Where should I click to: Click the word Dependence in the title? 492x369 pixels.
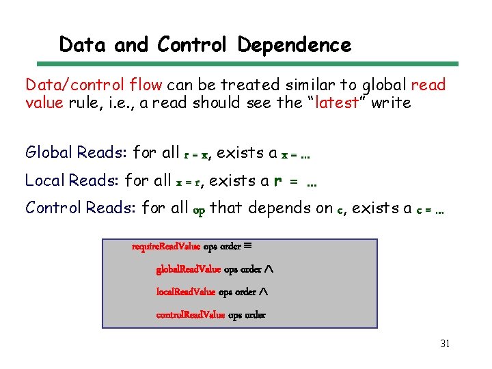[295, 45]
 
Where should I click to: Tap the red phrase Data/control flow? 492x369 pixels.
[94, 85]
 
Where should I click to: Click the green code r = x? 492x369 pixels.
[193, 154]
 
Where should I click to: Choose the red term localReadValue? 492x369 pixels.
[186, 292]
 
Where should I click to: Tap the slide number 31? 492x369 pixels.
[444, 344]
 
